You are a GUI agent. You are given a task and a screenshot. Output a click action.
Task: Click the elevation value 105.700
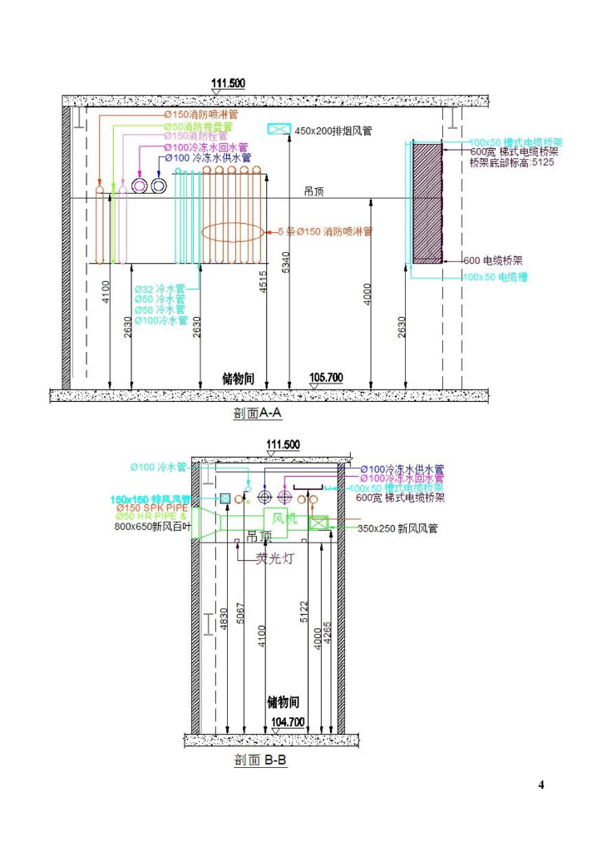[x=325, y=378]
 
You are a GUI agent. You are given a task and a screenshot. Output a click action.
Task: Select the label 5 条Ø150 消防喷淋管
[x=325, y=231]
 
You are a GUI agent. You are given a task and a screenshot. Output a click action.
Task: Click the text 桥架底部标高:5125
[x=511, y=162]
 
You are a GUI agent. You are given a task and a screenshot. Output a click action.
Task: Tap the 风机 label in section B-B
[x=284, y=518]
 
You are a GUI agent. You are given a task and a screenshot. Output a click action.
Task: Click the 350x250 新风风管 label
[x=397, y=528]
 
